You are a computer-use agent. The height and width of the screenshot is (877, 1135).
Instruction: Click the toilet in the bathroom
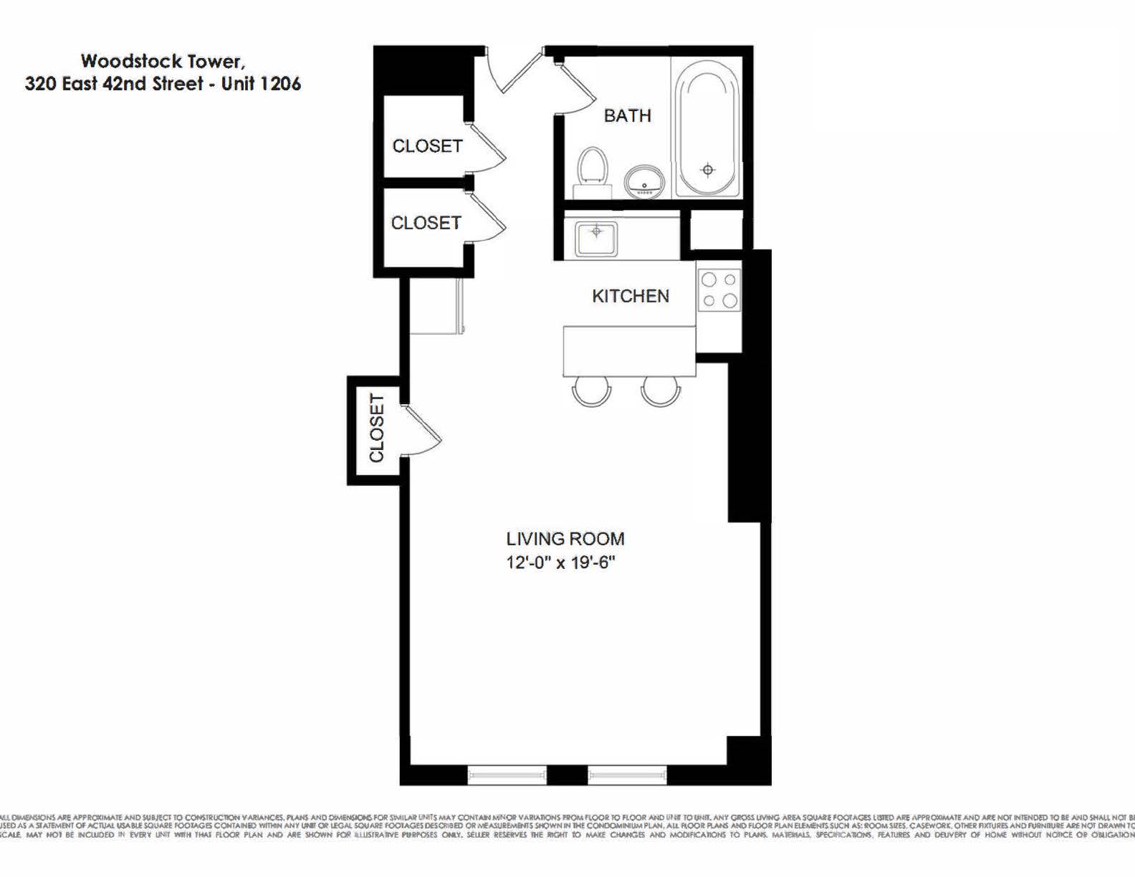592,170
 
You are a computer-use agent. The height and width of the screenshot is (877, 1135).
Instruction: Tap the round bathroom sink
644,181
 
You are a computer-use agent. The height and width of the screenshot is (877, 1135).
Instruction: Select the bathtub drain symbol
708,170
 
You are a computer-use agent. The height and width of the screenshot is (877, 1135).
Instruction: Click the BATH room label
627,115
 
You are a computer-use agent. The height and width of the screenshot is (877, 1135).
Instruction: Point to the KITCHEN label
630,296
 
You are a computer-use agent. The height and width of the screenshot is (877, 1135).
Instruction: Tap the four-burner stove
719,290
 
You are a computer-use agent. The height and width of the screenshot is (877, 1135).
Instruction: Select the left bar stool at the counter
592,392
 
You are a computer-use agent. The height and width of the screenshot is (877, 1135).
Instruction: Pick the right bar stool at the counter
660,392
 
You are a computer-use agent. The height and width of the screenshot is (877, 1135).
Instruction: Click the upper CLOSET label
427,145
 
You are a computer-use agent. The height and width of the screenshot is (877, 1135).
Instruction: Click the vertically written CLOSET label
376,428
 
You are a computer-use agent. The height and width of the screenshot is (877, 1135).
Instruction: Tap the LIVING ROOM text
565,539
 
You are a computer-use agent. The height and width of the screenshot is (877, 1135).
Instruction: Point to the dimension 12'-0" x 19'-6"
560,562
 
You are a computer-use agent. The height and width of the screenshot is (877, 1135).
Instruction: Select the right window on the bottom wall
627,774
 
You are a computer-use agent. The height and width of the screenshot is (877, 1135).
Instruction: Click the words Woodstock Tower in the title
162,61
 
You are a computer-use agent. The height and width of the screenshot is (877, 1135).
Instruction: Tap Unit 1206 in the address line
261,84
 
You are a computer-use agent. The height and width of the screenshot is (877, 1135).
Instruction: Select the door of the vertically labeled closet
421,431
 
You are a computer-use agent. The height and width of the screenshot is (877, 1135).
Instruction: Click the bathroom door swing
578,90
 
